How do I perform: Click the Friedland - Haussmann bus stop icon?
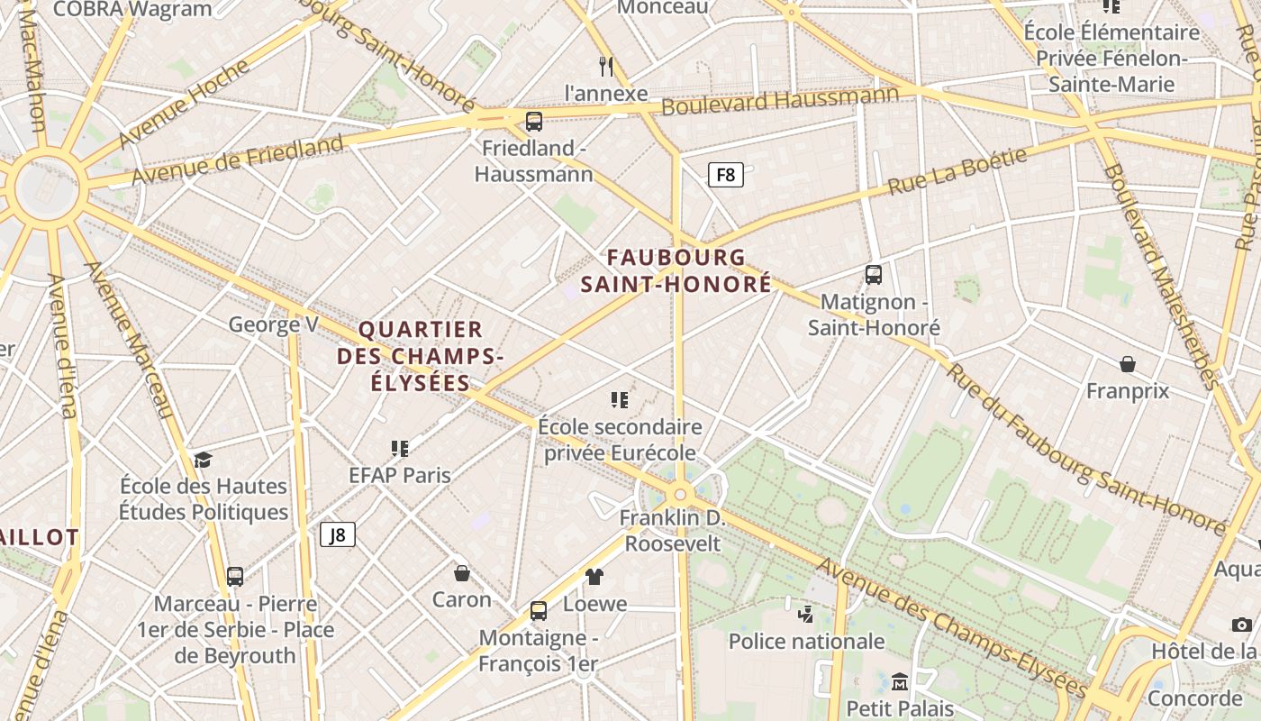click(x=534, y=121)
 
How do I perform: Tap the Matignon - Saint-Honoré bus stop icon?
click(x=873, y=275)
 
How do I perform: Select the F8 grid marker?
click(x=725, y=175)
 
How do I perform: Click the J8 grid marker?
click(x=338, y=534)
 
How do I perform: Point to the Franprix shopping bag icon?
click(x=1127, y=364)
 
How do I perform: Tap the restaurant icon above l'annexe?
click(x=606, y=66)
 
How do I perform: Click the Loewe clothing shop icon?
click(x=594, y=577)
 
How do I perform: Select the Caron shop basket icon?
click(x=461, y=573)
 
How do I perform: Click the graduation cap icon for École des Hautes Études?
click(x=203, y=460)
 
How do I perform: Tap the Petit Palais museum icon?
click(x=899, y=681)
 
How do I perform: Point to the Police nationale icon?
click(x=805, y=615)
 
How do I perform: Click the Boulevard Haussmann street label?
click(x=780, y=100)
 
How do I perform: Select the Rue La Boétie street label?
click(x=957, y=171)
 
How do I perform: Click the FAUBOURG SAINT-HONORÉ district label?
click(x=676, y=270)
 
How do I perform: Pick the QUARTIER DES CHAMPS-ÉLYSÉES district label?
click(x=420, y=356)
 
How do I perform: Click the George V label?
click(x=273, y=324)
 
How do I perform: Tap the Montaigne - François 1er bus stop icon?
click(x=539, y=611)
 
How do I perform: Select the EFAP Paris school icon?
click(x=400, y=448)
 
